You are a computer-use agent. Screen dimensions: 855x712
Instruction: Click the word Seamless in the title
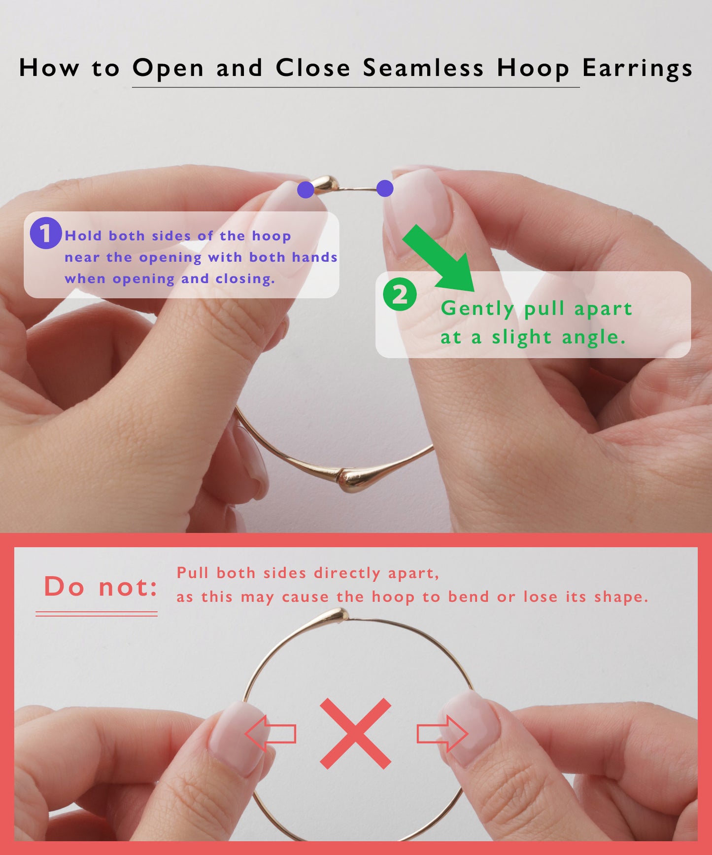(x=423, y=68)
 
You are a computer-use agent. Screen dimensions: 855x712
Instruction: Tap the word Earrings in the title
(x=637, y=68)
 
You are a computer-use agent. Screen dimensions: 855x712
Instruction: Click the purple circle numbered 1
(x=45, y=233)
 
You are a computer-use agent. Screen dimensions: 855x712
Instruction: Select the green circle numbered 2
(x=400, y=295)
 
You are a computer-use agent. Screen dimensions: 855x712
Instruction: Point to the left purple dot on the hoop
(x=305, y=189)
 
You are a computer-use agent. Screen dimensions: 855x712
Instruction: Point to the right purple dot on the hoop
(x=385, y=188)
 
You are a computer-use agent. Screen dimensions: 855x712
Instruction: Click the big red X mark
(x=355, y=733)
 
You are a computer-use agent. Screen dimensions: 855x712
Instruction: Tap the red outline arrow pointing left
(x=271, y=733)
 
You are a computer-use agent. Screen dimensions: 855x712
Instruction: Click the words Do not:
(x=101, y=587)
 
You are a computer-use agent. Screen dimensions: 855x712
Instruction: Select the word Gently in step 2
(x=477, y=309)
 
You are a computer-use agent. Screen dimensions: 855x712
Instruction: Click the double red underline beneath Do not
(x=97, y=614)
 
